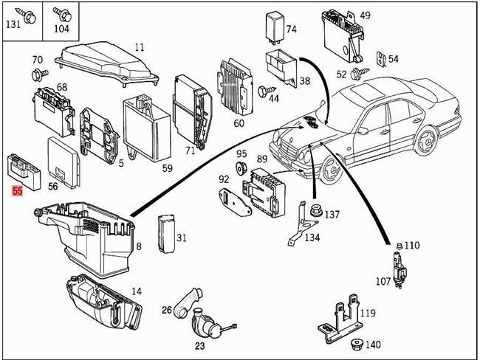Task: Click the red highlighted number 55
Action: (16, 191)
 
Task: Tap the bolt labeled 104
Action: (64, 14)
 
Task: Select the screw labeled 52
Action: (358, 73)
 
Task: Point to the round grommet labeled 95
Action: (241, 169)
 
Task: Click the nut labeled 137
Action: (315, 210)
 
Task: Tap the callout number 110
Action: (412, 245)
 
